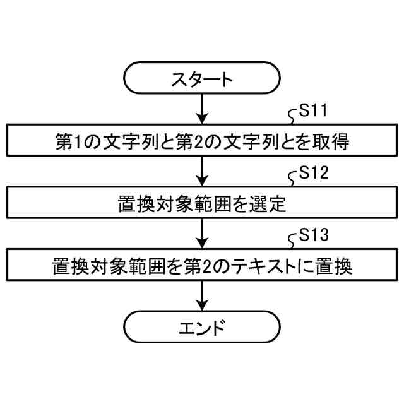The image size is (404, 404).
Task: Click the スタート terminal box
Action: [x=201, y=80]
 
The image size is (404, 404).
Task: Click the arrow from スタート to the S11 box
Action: [x=201, y=109]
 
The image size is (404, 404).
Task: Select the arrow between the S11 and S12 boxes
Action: [x=201, y=170]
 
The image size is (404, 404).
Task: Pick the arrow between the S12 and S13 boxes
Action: [x=201, y=232]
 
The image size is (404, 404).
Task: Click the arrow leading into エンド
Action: [x=201, y=295]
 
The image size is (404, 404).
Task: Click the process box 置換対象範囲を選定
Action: [x=201, y=203]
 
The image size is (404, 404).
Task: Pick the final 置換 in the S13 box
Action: [x=336, y=266]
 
